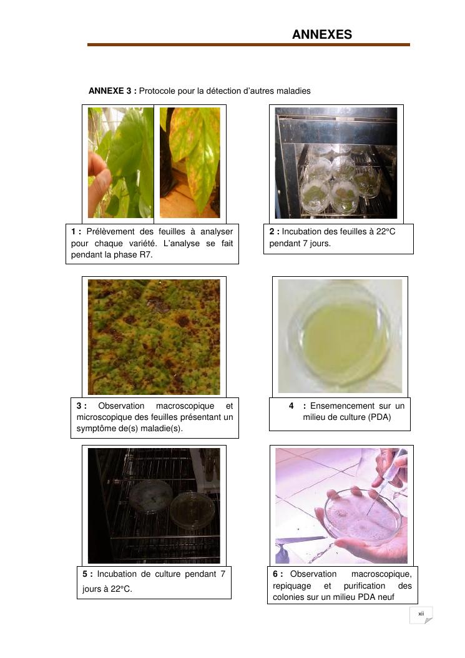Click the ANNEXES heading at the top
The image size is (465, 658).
coord(321,34)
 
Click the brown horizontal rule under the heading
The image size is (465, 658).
coord(248,44)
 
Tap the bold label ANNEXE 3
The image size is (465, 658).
coord(112,91)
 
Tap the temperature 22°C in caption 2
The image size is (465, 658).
coord(385,231)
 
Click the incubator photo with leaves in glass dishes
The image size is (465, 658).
coord(336,163)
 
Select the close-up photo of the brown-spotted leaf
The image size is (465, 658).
coord(154,337)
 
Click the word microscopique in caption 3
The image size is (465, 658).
coord(100,417)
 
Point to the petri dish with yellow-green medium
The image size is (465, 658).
coord(340,336)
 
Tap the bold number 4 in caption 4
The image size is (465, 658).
coord(291,406)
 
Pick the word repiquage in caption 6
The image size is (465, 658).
coord(292,586)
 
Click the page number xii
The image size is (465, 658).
coord(421,614)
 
